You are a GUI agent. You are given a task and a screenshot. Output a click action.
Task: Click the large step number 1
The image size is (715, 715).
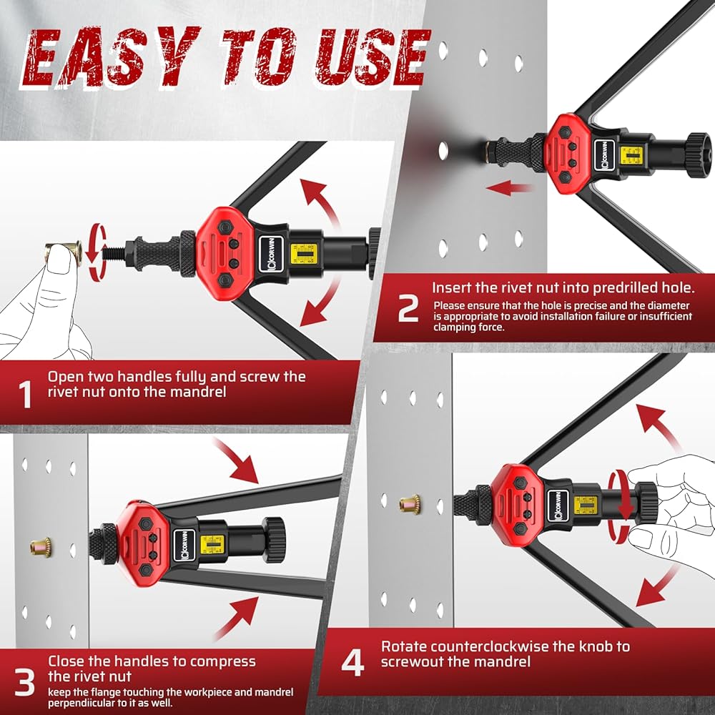tap(25, 395)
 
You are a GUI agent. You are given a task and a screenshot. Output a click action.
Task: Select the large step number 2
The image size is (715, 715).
tap(408, 309)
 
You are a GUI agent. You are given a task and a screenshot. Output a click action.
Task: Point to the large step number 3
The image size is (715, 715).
tap(24, 681)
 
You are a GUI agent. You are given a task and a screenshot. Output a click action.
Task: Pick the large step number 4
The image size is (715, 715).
tap(353, 663)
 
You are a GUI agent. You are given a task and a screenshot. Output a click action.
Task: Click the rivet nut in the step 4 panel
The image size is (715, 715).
tap(410, 504)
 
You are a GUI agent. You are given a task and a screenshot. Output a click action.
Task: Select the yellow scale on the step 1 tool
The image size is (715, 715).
tap(304, 254)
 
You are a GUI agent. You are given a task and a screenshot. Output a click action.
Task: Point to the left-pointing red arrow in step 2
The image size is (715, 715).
tap(508, 187)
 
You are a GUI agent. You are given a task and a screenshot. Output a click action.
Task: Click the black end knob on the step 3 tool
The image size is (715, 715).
tap(274, 540)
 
